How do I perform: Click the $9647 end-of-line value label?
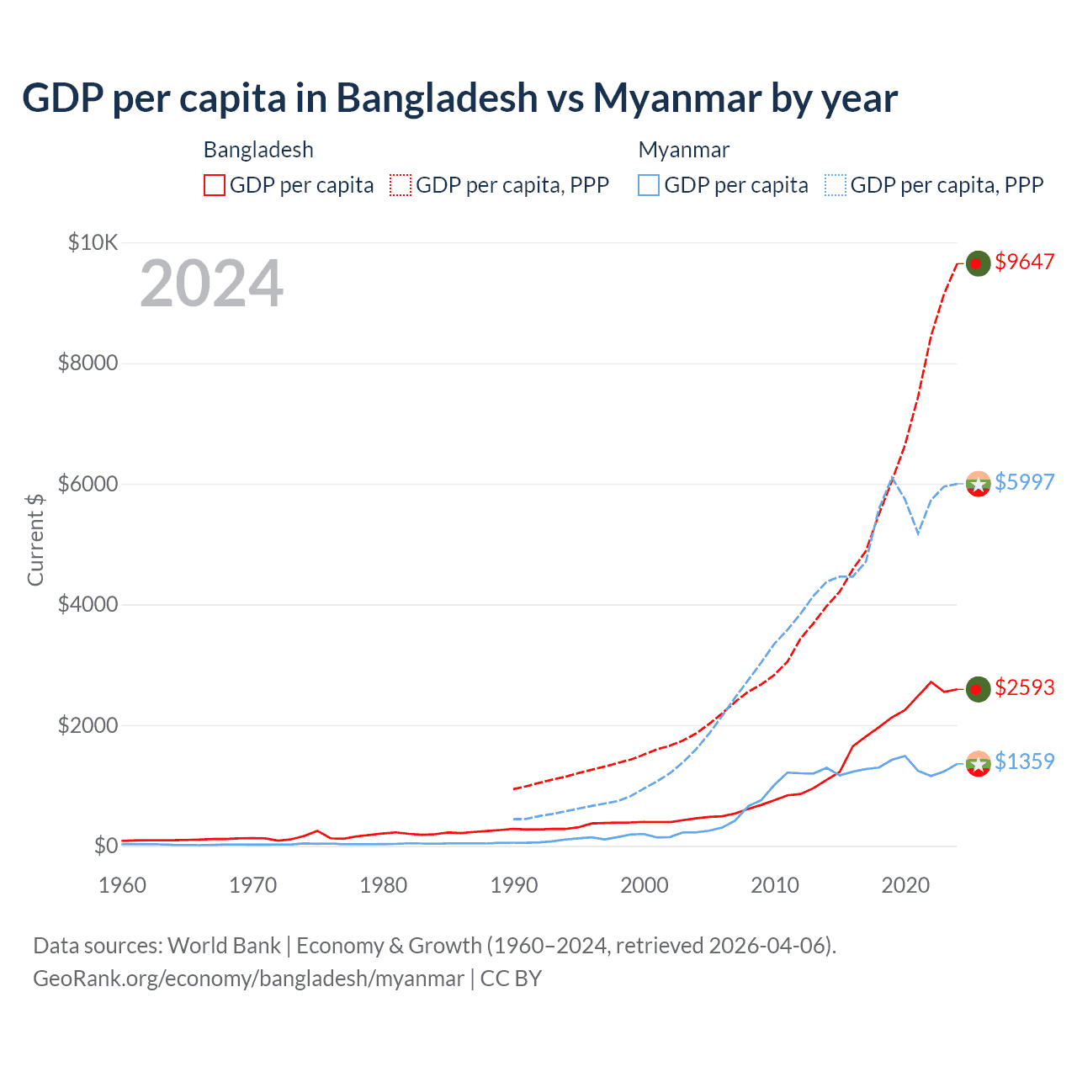pyautogui.click(x=1024, y=262)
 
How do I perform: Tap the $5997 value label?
pyautogui.click(x=1024, y=482)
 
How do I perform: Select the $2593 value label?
pyautogui.click(x=1024, y=687)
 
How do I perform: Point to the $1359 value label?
pyautogui.click(x=1024, y=761)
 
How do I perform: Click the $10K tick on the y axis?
pyautogui.click(x=93, y=243)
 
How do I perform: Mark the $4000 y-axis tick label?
pyautogui.click(x=88, y=605)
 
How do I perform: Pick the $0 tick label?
pyautogui.click(x=105, y=846)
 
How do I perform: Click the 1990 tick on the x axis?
pyautogui.click(x=514, y=885)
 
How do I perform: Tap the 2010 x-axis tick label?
pyautogui.click(x=775, y=885)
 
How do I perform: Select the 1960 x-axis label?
pyautogui.click(x=123, y=885)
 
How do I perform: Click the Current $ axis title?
pyautogui.click(x=35, y=539)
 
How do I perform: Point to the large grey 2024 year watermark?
pyautogui.click(x=212, y=284)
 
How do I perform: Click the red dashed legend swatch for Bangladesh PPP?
pyautogui.click(x=401, y=185)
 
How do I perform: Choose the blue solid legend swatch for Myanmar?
pyautogui.click(x=649, y=185)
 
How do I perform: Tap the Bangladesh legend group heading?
pyautogui.click(x=258, y=150)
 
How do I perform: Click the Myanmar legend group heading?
pyautogui.click(x=683, y=150)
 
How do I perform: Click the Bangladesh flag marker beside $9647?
pyautogui.click(x=978, y=263)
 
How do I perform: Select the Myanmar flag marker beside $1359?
pyautogui.click(x=978, y=763)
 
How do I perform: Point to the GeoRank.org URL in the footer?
pyautogui.click(x=248, y=979)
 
